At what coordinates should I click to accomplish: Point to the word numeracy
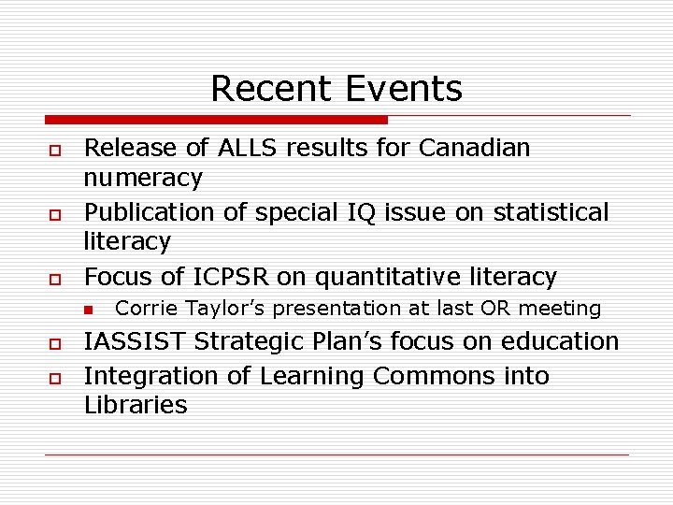pos(143,178)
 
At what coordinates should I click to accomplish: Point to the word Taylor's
pos(223,308)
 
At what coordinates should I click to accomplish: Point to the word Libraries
pos(136,406)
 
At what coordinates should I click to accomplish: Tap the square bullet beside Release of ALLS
pos(56,150)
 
